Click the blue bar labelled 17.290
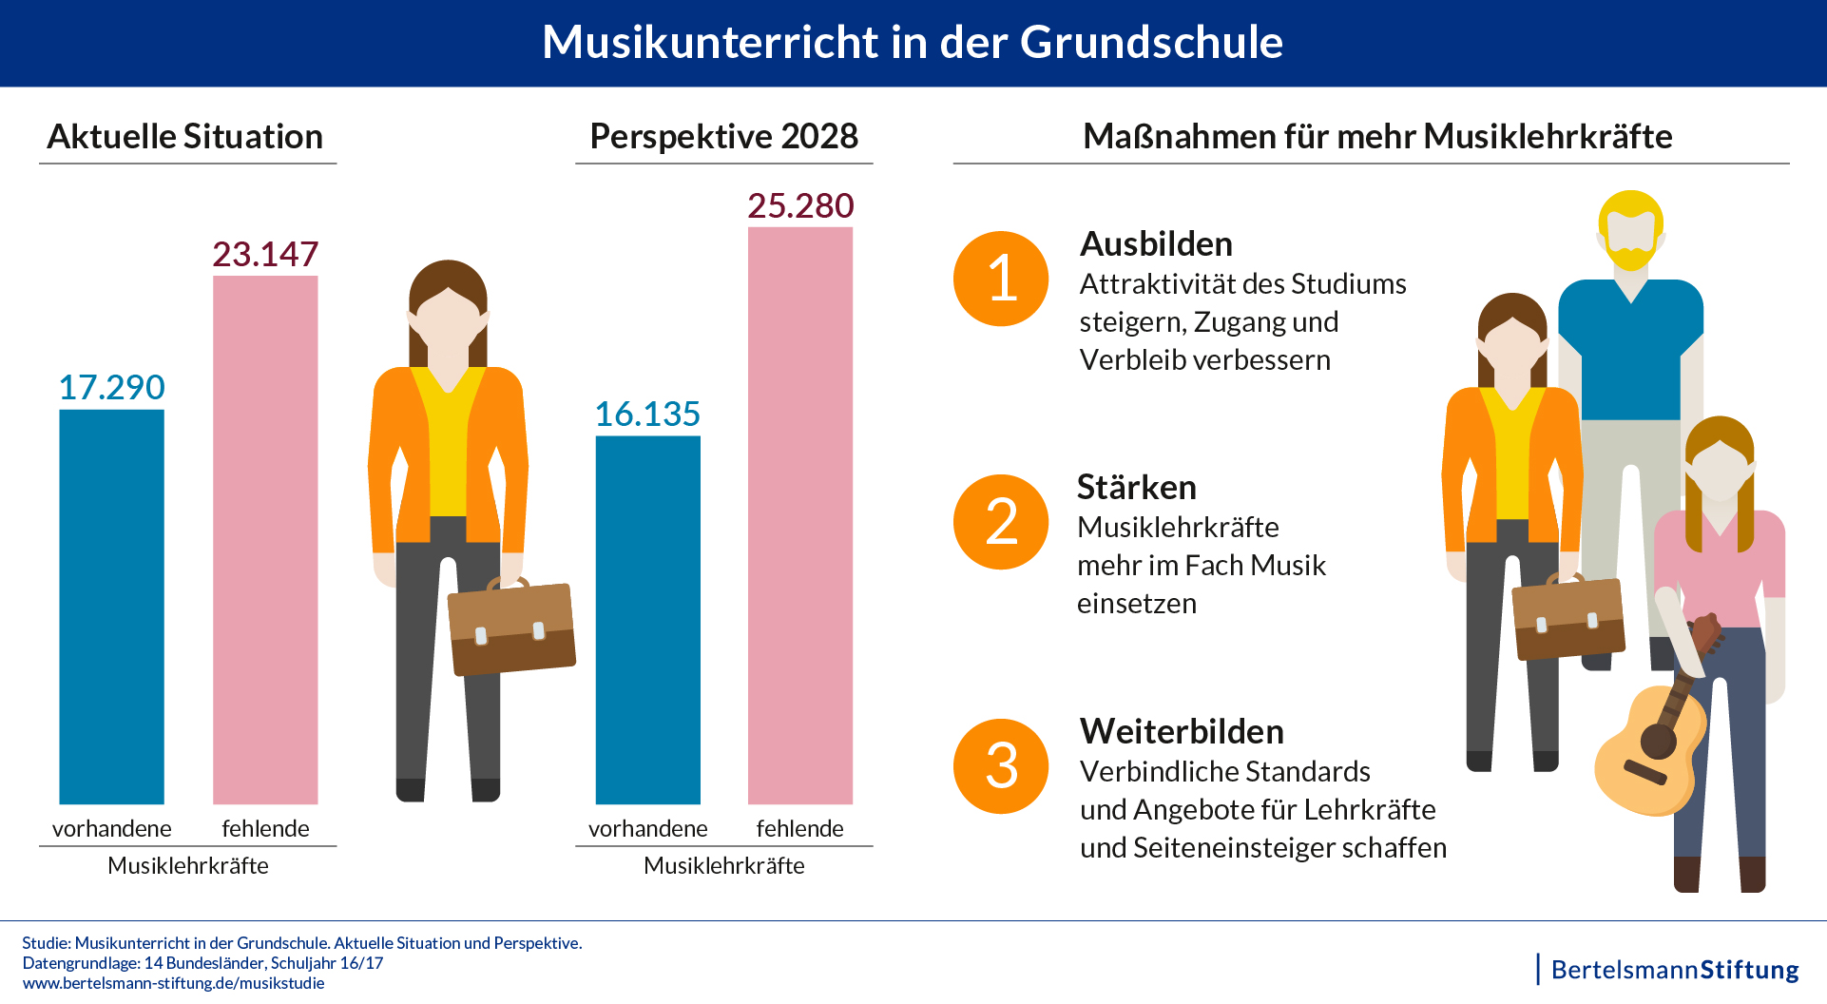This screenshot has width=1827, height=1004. click(111, 607)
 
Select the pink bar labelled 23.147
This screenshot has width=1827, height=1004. click(265, 540)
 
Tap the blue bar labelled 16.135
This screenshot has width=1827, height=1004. click(647, 620)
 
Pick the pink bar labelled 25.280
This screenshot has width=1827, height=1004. click(800, 515)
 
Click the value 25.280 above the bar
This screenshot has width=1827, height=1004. click(800, 206)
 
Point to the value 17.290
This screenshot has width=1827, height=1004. click(111, 388)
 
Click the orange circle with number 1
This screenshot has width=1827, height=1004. click(1001, 279)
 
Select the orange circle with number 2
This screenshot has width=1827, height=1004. click(1001, 522)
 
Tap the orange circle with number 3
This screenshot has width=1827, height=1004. click(1001, 766)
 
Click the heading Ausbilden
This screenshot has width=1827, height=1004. click(1156, 244)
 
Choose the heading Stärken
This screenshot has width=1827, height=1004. click(1136, 488)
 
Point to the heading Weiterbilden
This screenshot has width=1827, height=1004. click(1182, 732)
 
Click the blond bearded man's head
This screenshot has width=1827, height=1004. click(1630, 228)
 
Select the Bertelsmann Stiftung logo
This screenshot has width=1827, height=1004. click(1674, 970)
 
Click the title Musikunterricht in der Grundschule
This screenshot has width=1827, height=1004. click(913, 43)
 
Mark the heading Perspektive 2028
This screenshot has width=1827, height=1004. click(723, 137)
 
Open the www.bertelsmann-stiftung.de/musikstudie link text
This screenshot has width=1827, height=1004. click(173, 983)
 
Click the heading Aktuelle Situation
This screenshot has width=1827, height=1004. click(185, 137)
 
